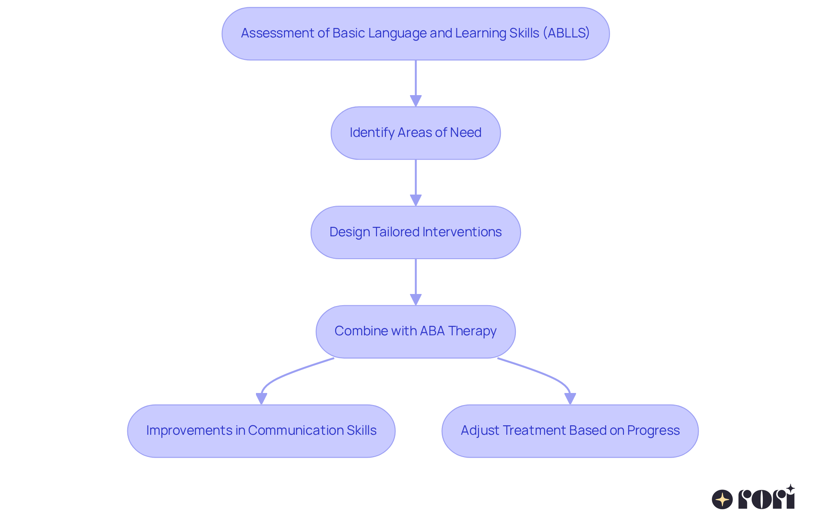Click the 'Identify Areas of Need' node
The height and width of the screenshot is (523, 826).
[416, 133]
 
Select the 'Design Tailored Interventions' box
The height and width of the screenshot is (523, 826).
[416, 232]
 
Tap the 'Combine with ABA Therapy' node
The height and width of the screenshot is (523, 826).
[416, 332]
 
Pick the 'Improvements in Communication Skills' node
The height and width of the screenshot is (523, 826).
[261, 431]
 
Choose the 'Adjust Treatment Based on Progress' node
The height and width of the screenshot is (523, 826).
[570, 431]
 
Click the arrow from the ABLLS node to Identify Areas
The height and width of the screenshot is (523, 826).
[416, 84]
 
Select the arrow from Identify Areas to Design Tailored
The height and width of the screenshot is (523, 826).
[416, 183]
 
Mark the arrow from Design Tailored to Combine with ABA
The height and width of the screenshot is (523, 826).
[416, 282]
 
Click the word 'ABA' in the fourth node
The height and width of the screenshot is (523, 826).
[432, 331]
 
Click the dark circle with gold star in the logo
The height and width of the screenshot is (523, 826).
[722, 499]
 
